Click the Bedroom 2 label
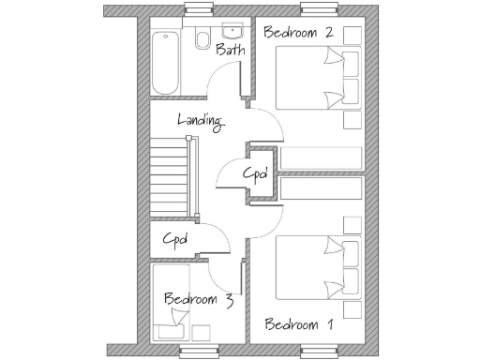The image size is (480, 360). pos(299,32)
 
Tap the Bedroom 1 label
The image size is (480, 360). pos(299,325)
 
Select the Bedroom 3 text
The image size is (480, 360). pos(198,300)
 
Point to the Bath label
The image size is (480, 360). pos(231,50)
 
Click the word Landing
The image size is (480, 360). pos(201,120)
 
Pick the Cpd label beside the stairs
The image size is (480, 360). pos(256,173)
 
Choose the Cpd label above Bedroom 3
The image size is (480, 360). pos(175,239)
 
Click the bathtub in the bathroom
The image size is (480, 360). pos(165,63)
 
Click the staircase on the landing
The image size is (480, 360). pos(170,175)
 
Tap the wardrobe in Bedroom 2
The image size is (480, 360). pos(321,157)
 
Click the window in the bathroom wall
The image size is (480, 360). pos(199,10)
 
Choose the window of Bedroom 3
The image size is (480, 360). pos(199,349)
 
